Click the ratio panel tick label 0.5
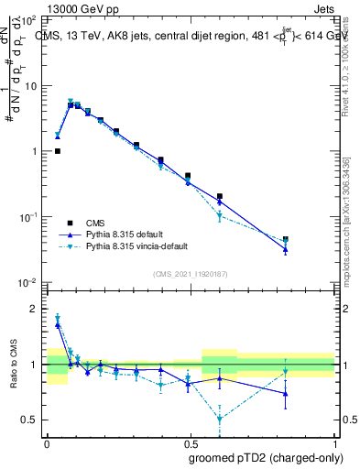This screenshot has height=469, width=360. tap(31, 420)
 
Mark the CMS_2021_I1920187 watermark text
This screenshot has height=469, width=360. tap(191, 274)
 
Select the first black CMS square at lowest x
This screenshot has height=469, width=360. tap(57, 151)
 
